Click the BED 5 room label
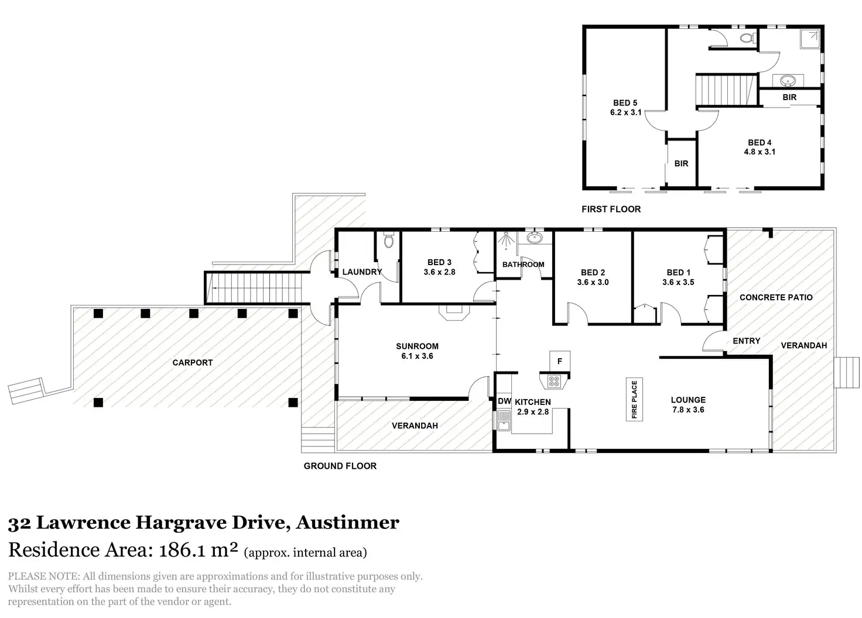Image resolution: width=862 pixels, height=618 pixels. (x=625, y=103)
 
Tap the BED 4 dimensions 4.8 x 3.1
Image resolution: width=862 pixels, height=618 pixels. (x=759, y=152)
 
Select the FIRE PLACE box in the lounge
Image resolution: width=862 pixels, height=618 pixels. (x=634, y=400)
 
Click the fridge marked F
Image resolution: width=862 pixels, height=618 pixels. (x=559, y=361)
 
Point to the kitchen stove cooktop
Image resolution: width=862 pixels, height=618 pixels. (x=553, y=381)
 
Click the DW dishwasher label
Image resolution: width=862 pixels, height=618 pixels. (x=504, y=401)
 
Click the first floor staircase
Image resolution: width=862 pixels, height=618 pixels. (x=723, y=90)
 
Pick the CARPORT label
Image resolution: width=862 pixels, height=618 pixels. (x=193, y=363)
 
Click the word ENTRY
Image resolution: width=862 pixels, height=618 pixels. (x=747, y=341)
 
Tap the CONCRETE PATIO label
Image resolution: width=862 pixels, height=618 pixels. (x=776, y=297)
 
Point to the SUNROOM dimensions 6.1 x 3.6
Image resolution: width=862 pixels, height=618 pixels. (x=417, y=356)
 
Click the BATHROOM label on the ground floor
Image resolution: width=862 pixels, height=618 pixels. (x=523, y=265)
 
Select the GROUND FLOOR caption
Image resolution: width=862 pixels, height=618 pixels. (x=340, y=466)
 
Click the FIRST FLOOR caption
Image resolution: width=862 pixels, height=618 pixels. (x=611, y=209)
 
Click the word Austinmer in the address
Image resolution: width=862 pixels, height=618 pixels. (x=348, y=522)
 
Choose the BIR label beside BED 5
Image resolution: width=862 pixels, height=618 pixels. (x=681, y=163)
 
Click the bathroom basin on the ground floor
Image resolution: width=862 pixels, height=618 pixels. (x=534, y=238)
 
